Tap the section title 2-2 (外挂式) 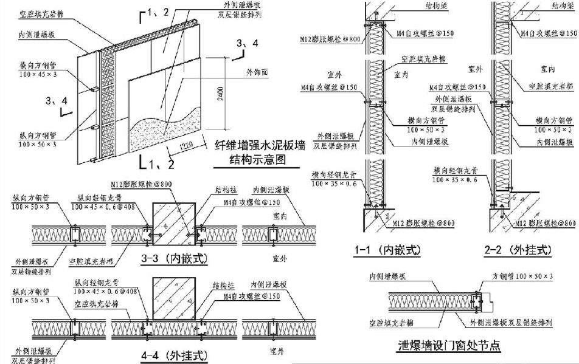tap(519, 249)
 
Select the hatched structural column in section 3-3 tap(173, 220)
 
